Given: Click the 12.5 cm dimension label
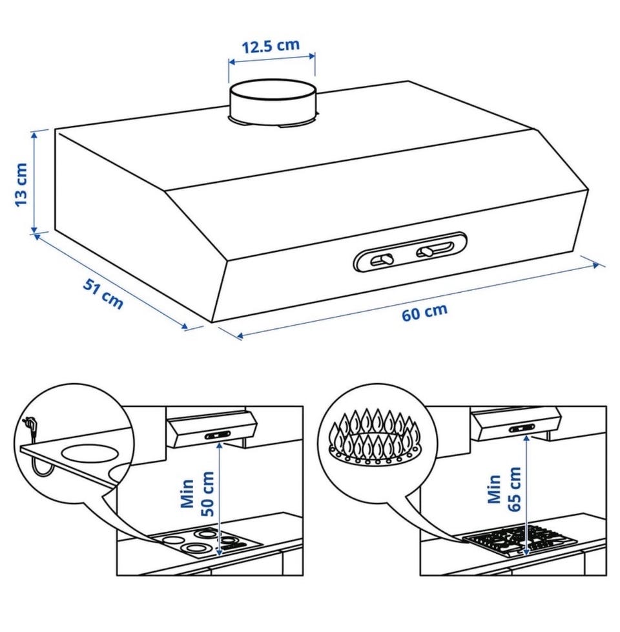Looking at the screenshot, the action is coord(271,45).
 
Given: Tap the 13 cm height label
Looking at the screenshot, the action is coord(21,185).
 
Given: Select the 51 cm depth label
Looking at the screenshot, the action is coord(103,293).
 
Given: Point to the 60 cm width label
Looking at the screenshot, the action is coord(424,312).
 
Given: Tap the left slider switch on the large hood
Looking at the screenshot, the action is coord(383,260).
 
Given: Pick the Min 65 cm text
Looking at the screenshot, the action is coord(504,489).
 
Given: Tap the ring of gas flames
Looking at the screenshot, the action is coord(375,437).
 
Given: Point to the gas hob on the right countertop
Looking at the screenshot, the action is coord(520,540).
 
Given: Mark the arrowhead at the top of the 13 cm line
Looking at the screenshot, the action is coord(35,135).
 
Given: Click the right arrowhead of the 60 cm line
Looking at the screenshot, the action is coord(595,265).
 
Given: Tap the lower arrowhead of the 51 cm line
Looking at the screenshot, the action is coord(185,326).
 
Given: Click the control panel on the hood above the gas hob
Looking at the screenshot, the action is coord(522,428).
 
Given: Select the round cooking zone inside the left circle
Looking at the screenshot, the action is coord(91,452).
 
